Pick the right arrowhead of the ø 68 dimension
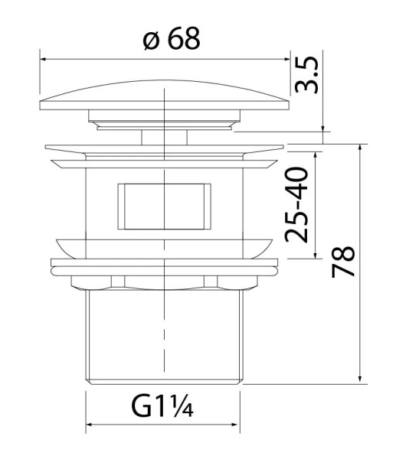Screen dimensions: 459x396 coord(287,57)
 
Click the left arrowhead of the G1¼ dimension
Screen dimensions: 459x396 coord(89,426)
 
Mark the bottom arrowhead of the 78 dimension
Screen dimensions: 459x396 coord(359,378)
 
